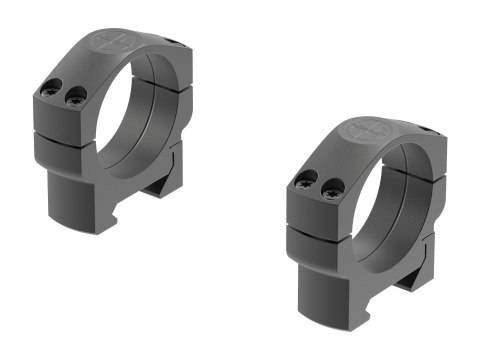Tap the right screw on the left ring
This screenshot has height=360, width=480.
[75, 97]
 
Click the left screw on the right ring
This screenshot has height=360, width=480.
[307, 180]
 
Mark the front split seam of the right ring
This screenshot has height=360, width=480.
[320, 219]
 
